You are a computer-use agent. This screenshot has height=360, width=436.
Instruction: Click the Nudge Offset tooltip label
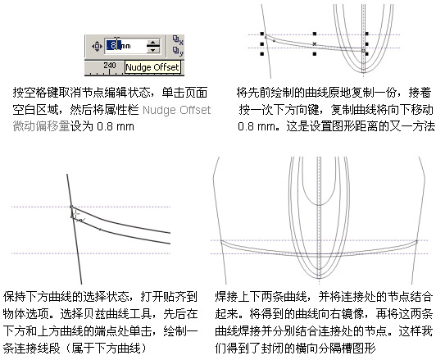[x=152, y=67]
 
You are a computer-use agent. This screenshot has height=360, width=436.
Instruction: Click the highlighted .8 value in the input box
[x=113, y=45]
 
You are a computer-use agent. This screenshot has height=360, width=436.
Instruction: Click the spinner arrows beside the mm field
[x=153, y=46]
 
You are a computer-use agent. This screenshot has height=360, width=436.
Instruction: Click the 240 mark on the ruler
[x=110, y=66]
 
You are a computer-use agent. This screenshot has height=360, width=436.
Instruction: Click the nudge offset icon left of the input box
[x=97, y=46]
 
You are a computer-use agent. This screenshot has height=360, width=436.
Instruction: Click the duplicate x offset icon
[x=178, y=40]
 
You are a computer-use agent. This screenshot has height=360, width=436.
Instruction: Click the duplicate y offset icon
[x=178, y=51]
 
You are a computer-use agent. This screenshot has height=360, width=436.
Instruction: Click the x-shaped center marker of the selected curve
[x=315, y=44]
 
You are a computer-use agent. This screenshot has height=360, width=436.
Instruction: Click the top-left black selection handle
[x=262, y=34]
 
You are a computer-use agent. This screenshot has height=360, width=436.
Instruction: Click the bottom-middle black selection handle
[x=315, y=54]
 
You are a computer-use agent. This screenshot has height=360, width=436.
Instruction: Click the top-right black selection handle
[x=367, y=34]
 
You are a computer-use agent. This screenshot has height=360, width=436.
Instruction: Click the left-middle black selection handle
[x=262, y=44]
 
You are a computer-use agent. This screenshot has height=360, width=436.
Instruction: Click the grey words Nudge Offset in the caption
[x=176, y=110]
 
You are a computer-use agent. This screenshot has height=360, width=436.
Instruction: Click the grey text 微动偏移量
[x=41, y=126]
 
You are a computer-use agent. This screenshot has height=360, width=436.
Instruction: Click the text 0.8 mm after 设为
[x=116, y=126]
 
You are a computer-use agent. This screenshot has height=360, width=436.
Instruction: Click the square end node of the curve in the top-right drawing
[x=363, y=51]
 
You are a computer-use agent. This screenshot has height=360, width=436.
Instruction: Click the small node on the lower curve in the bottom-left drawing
[x=100, y=230]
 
